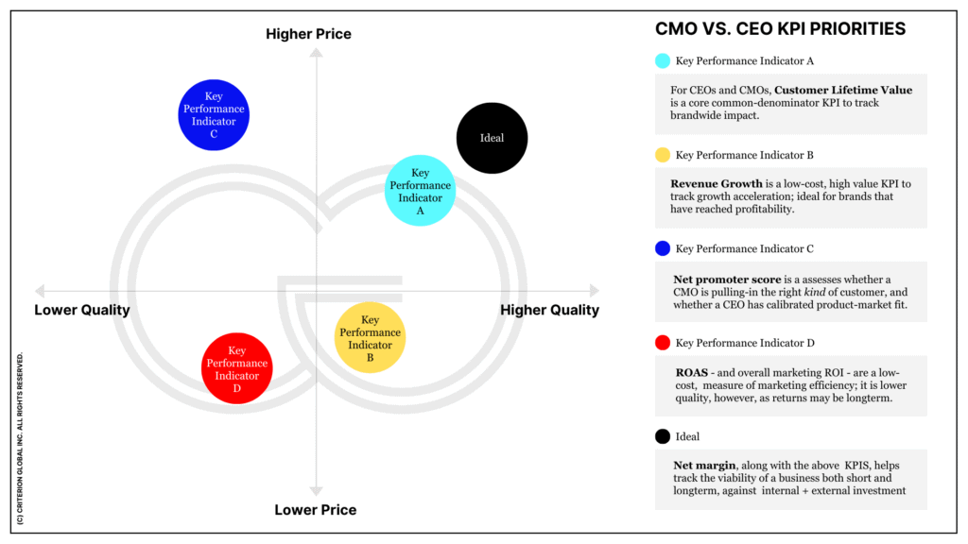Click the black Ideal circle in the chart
(492, 138)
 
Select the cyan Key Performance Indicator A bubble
(420, 191)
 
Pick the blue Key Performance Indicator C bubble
(214, 115)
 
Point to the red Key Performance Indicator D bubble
(236, 368)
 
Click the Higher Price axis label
(308, 34)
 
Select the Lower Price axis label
(316, 510)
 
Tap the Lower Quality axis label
(82, 310)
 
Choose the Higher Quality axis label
(549, 310)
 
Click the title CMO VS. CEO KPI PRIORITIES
(780, 29)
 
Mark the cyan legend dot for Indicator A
(663, 61)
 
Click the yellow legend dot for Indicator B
(663, 155)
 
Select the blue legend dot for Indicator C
(663, 248)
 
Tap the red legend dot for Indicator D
(663, 343)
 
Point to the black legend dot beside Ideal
(663, 436)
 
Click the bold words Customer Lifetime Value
(843, 90)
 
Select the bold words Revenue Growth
(716, 184)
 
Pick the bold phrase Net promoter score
(725, 280)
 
